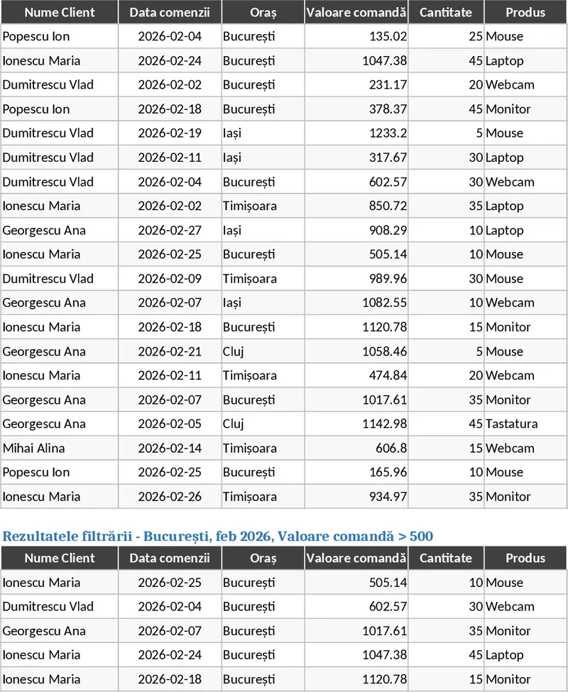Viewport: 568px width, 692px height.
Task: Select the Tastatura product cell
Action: tap(511, 424)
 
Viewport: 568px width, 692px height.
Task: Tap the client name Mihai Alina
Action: tap(33, 448)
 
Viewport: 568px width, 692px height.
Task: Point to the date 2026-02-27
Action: tap(170, 230)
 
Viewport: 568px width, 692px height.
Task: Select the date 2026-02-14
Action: tap(170, 448)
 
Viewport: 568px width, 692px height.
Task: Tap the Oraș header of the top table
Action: tap(263, 12)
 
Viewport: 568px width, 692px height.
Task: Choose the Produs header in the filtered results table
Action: tap(525, 558)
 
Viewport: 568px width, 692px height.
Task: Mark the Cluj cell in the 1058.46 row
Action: tap(234, 351)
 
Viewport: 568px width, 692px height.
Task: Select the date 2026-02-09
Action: tap(170, 278)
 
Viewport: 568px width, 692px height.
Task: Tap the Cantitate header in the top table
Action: tap(446, 12)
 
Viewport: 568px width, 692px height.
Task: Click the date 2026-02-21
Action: tap(170, 351)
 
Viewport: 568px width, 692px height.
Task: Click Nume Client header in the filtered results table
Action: tap(60, 558)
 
